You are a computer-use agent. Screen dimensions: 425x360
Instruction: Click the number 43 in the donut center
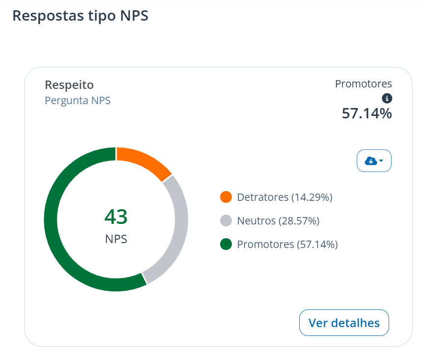pyautogui.click(x=116, y=217)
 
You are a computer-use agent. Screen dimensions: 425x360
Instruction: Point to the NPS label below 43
pyautogui.click(x=116, y=239)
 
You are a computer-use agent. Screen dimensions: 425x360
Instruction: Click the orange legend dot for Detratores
pyautogui.click(x=226, y=197)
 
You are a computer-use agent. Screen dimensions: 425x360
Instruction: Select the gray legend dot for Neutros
pyautogui.click(x=226, y=221)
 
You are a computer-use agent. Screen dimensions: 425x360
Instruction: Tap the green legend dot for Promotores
pyautogui.click(x=226, y=244)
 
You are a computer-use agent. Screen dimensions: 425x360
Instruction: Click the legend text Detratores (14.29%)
pyautogui.click(x=284, y=197)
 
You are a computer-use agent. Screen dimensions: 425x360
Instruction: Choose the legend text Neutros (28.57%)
pyautogui.click(x=279, y=221)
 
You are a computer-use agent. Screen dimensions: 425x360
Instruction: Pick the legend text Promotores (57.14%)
pyautogui.click(x=287, y=244)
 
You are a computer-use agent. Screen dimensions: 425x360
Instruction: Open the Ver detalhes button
pyautogui.click(x=344, y=323)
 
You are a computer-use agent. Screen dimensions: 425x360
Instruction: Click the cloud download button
pyautogui.click(x=374, y=161)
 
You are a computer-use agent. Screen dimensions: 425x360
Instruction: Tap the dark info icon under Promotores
pyautogui.click(x=387, y=98)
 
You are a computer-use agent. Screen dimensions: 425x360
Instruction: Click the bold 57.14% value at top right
pyautogui.click(x=367, y=113)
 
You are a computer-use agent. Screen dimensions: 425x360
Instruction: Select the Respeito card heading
pyautogui.click(x=69, y=85)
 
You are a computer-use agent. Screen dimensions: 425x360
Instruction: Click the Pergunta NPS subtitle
pyautogui.click(x=78, y=101)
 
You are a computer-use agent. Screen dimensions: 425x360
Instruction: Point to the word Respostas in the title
pyautogui.click(x=48, y=16)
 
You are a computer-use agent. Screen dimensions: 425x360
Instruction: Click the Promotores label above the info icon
pyautogui.click(x=364, y=83)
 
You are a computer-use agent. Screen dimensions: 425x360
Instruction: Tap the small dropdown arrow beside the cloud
pyautogui.click(x=381, y=161)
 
